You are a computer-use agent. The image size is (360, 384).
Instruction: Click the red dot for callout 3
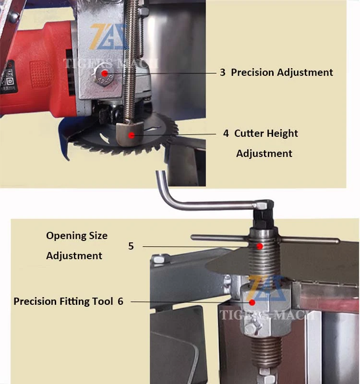pyautogui.click(x=105, y=73)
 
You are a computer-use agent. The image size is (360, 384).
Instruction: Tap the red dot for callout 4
pyautogui.click(x=132, y=135)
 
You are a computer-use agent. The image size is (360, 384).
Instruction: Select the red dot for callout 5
pyautogui.click(x=260, y=246)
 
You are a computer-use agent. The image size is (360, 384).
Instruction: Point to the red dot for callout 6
pyautogui.click(x=252, y=303)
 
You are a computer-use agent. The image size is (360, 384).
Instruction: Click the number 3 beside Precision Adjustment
pyautogui.click(x=223, y=72)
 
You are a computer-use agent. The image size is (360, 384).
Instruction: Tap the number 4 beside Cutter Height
pyautogui.click(x=226, y=133)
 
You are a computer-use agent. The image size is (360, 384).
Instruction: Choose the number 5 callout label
pyautogui.click(x=131, y=246)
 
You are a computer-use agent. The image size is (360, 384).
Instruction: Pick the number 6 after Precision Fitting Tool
pyautogui.click(x=120, y=301)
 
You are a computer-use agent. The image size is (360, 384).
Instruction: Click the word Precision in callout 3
pyautogui.click(x=252, y=72)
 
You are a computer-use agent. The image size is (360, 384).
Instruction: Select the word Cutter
pyautogui.click(x=249, y=133)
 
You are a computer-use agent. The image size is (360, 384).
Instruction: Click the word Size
pyautogui.click(x=98, y=236)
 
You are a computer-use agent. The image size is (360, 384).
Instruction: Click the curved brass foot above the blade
pyautogui.click(x=129, y=134)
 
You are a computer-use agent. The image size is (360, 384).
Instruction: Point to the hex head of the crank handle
pyautogui.click(x=262, y=205)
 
